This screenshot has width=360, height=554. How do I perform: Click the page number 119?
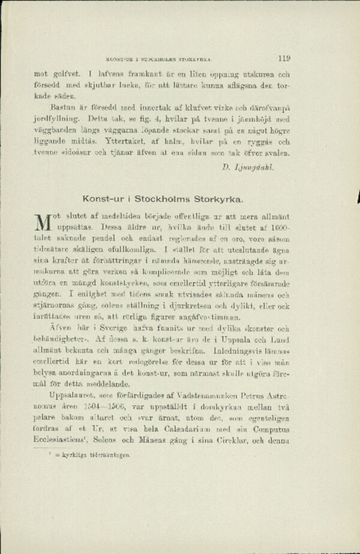pyautogui.click(x=284, y=59)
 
